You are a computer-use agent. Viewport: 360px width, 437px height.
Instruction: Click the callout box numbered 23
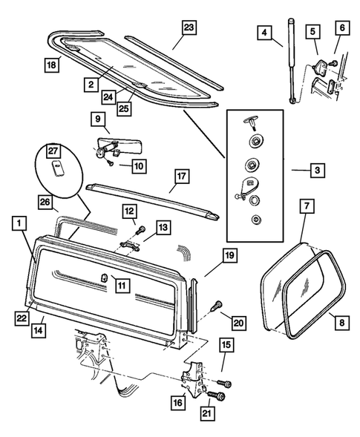coord(189,27)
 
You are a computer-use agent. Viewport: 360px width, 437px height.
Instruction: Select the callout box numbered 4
coord(264,33)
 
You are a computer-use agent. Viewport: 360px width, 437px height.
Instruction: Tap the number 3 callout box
coord(318,170)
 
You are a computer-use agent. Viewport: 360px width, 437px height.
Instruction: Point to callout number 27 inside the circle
coord(53,151)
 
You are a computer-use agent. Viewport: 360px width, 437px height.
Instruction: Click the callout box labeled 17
coord(182,176)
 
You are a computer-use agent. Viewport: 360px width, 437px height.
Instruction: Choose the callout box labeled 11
coord(122,285)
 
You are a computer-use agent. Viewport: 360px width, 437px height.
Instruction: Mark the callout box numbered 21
coord(207,413)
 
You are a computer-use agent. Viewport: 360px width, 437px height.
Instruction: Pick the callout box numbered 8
coord(342,323)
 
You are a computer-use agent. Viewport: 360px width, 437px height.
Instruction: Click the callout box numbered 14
coord(39,330)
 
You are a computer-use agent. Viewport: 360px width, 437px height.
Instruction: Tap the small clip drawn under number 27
coord(58,169)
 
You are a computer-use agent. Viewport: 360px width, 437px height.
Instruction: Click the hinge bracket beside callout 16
coord(192,377)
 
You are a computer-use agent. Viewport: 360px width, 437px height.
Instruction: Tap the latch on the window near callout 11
coord(104,278)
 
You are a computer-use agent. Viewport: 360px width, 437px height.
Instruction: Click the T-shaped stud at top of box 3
coord(251,122)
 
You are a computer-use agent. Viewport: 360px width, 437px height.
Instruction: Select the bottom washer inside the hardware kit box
coord(255,220)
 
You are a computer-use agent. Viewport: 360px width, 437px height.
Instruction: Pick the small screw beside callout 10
coord(111,163)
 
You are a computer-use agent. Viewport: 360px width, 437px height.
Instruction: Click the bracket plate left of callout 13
coord(130,246)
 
